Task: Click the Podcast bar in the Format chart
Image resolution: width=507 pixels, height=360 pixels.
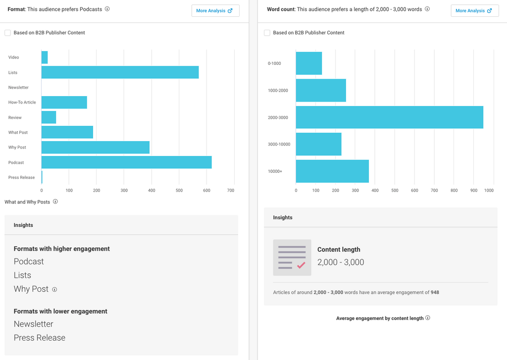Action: coord(126,162)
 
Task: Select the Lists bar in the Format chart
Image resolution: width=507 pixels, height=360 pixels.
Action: coord(120,72)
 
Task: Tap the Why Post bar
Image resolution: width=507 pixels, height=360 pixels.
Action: coord(95,148)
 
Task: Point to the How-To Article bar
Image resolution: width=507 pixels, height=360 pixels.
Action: coord(64,103)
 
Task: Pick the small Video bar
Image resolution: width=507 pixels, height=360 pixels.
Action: coord(44,57)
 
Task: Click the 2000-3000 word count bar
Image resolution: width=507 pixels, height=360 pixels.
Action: coord(389,117)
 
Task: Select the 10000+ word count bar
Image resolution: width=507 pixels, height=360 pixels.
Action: coord(332,171)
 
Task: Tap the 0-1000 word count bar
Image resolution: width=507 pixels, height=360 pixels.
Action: coord(308,63)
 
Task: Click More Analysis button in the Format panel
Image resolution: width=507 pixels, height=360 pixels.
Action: coord(215,11)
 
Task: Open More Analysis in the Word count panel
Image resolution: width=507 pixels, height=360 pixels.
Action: coord(474,11)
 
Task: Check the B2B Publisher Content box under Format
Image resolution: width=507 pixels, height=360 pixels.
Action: coord(7,33)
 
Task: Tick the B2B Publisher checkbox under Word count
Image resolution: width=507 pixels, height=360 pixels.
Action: coord(267,33)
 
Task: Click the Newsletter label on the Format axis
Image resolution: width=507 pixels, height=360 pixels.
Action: coord(18,88)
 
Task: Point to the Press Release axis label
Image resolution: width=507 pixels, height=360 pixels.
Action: coord(21,177)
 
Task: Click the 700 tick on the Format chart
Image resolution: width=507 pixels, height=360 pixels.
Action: coord(231,190)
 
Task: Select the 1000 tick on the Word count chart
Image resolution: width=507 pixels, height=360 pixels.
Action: coord(489,190)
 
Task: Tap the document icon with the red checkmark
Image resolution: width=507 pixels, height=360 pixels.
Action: coord(292,257)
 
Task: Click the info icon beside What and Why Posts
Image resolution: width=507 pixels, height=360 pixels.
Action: coord(55,202)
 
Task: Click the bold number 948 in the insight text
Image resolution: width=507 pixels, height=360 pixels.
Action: coord(435,292)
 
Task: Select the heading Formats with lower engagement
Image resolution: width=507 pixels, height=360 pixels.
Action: coord(60,311)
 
